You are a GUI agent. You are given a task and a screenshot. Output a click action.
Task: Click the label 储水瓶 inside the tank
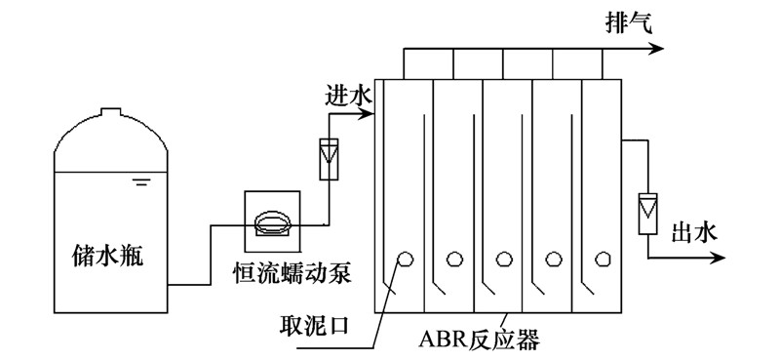[x=112, y=256]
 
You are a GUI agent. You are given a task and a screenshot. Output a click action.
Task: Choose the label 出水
[x=696, y=232]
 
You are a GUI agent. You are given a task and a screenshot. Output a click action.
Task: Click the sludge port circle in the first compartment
[x=403, y=259]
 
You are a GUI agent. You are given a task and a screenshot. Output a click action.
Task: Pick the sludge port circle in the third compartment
[x=504, y=259]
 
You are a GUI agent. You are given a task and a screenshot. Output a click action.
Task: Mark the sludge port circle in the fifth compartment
[x=604, y=259]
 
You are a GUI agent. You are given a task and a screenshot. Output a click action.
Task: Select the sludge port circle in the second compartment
[x=453, y=259]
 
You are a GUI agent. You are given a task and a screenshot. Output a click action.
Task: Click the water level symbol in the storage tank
[x=142, y=182]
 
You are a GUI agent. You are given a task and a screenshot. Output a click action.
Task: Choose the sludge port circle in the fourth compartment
[x=555, y=259]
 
